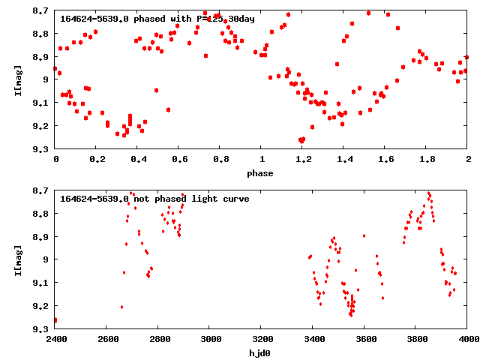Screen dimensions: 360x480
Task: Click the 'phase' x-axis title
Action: click(x=261, y=173)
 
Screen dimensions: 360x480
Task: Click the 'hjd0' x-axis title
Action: click(x=261, y=353)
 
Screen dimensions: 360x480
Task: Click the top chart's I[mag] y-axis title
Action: click(x=18, y=79)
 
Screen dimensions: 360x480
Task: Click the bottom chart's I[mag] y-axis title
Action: click(x=18, y=259)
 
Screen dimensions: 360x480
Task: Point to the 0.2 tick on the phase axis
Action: click(x=97, y=160)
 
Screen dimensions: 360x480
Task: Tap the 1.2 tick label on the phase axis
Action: click(x=303, y=160)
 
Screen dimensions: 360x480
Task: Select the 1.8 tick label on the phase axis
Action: click(x=427, y=160)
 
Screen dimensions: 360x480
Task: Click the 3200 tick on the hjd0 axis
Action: click(x=262, y=340)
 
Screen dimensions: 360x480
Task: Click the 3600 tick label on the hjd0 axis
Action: click(x=364, y=340)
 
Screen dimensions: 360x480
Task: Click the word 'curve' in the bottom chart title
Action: click(x=233, y=199)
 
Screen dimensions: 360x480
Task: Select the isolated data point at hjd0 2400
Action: click(x=55, y=320)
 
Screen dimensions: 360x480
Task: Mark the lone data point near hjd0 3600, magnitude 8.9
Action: click(x=364, y=235)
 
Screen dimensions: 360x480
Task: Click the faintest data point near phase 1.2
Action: click(x=301, y=139)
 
